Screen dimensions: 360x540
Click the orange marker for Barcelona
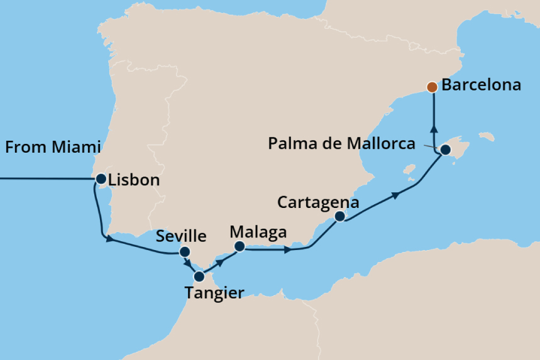432,87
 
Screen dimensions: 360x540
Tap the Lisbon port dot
101,180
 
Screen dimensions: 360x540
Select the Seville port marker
184,252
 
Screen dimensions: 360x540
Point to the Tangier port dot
199,276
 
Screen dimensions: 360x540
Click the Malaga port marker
239,246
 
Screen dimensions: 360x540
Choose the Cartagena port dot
339,217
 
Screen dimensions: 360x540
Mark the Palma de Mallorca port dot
445,150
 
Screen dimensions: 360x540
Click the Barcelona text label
481,85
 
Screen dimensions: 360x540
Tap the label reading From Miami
53,148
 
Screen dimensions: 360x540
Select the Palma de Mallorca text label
341,144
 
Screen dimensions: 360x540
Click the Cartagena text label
318,202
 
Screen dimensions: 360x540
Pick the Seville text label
180,236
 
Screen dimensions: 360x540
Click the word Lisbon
134,180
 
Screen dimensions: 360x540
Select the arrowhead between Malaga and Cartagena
287,249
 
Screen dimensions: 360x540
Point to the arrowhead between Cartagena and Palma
395,195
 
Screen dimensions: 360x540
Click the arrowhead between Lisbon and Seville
109,239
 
